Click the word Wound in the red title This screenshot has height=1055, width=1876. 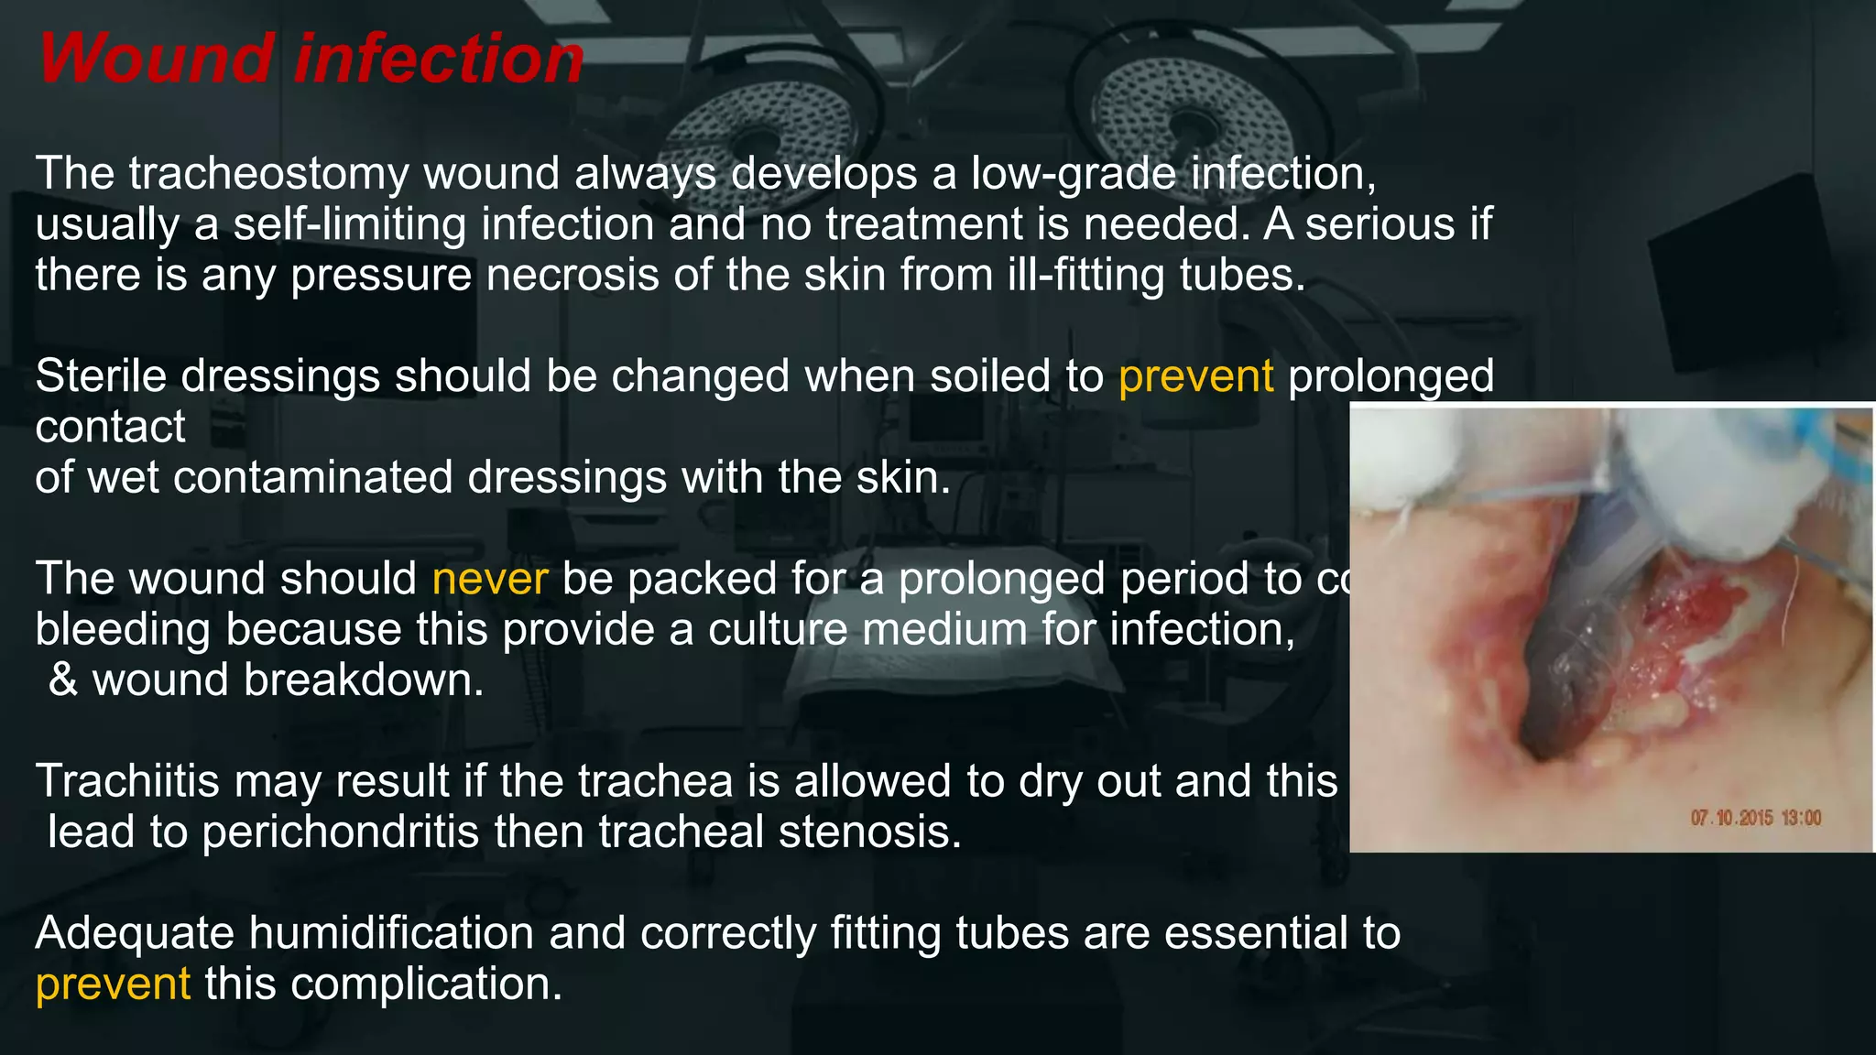click(x=157, y=59)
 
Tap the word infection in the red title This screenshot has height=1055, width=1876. click(x=439, y=59)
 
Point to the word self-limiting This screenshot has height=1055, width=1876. click(x=349, y=224)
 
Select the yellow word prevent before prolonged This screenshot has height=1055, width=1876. click(x=1195, y=376)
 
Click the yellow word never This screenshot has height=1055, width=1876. click(x=489, y=579)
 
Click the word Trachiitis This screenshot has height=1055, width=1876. click(x=127, y=781)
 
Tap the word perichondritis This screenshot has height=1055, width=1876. click(x=340, y=832)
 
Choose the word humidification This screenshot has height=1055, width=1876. click(x=391, y=933)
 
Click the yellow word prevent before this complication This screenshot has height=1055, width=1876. click(x=113, y=984)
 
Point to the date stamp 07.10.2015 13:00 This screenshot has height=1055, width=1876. click(x=1755, y=818)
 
